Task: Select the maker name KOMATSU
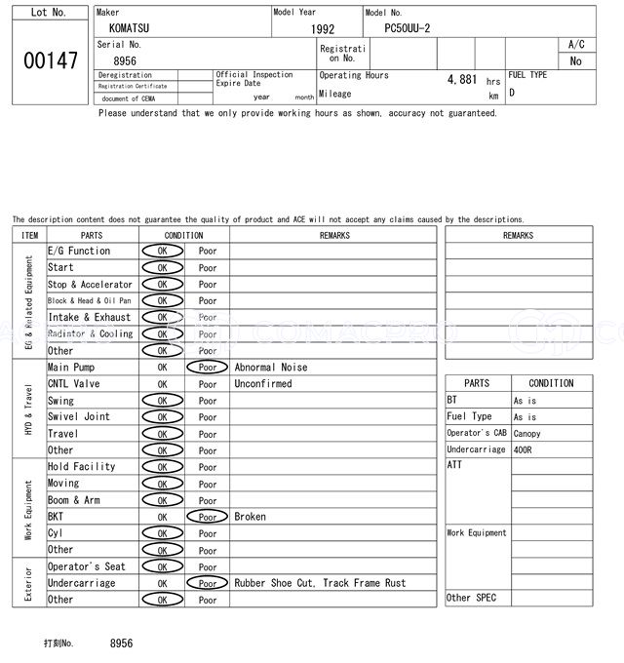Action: click(x=130, y=29)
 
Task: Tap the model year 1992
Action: click(x=323, y=30)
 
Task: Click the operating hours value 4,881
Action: click(x=461, y=80)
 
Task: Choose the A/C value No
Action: click(x=575, y=61)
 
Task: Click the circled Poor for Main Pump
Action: click(x=207, y=368)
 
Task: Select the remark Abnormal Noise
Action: click(x=270, y=368)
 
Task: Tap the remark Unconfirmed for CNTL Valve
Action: click(x=262, y=384)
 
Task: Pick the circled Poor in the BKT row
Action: click(x=207, y=517)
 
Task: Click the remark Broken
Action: click(x=250, y=517)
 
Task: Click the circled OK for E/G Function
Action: click(x=162, y=252)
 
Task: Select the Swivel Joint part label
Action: click(x=79, y=417)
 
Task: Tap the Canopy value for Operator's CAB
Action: click(x=526, y=434)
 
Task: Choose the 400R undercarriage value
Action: click(x=525, y=450)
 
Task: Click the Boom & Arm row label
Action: click(x=74, y=500)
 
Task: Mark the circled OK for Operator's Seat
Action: click(x=162, y=566)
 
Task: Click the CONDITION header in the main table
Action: click(x=183, y=235)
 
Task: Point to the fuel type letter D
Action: click(x=512, y=94)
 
